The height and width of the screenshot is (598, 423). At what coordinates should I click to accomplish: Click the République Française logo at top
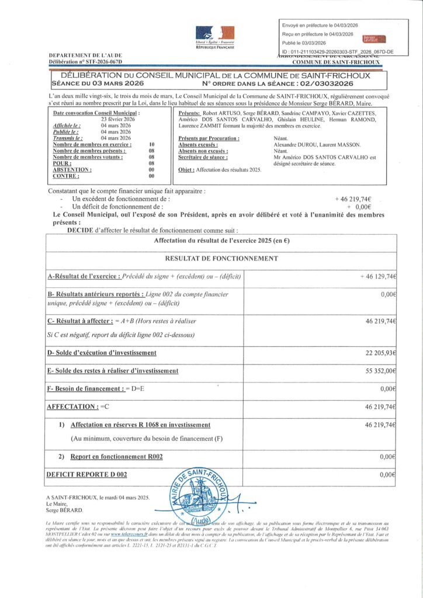pos(214,38)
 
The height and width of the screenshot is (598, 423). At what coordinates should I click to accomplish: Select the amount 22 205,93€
pos(381,353)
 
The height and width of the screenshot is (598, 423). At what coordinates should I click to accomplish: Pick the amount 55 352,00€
pos(381,371)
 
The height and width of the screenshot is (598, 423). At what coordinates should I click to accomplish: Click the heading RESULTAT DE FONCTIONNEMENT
pos(221,258)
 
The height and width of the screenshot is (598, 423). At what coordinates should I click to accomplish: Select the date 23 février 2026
pos(117,119)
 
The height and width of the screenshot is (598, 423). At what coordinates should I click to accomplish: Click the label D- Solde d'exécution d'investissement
pos(101,353)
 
